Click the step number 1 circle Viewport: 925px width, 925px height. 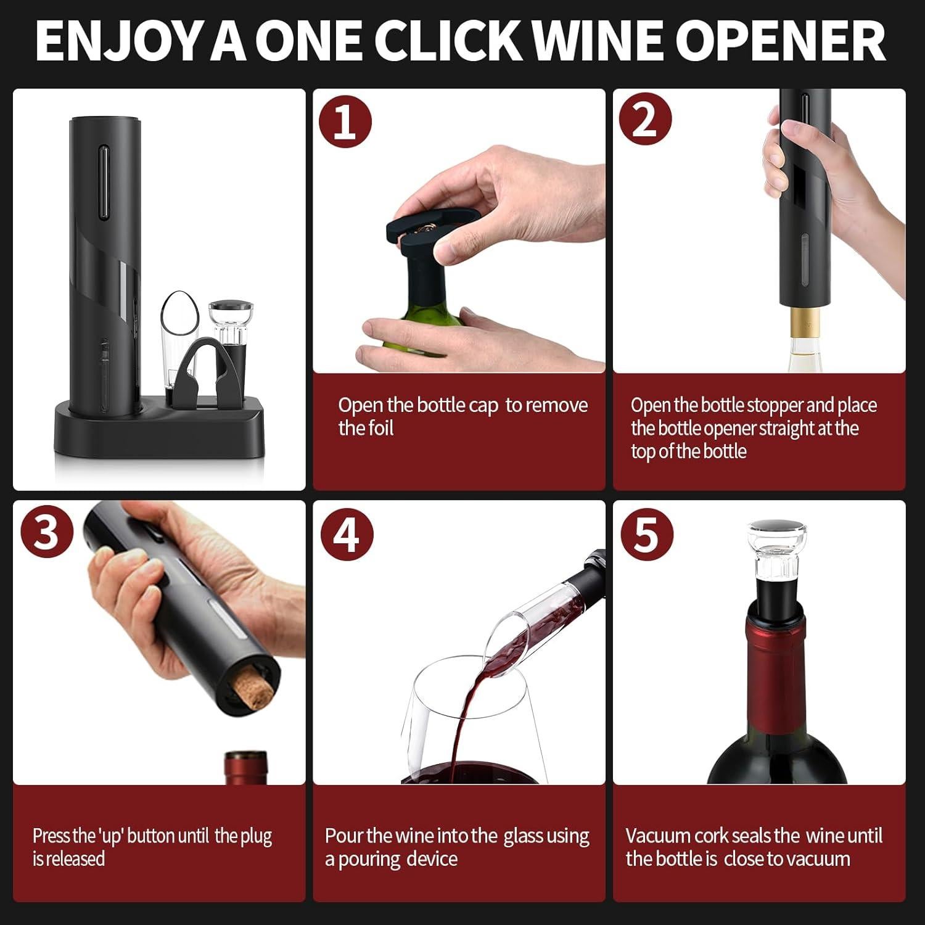[x=345, y=121]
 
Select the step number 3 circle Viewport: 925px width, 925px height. [x=46, y=532]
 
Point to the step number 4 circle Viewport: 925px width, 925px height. [x=347, y=534]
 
